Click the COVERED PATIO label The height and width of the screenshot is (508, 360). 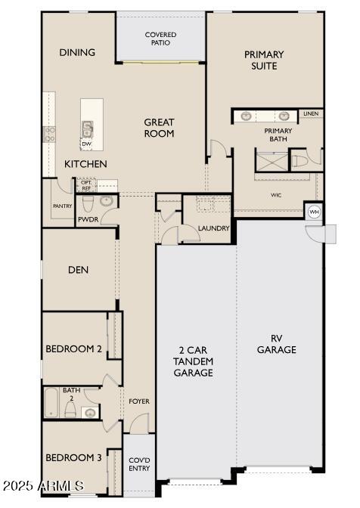tap(160, 39)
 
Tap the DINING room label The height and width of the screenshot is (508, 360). tap(77, 52)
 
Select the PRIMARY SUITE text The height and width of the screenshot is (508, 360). tap(264, 60)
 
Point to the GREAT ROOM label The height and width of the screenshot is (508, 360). tap(160, 128)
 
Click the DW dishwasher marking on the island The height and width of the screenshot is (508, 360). tap(87, 144)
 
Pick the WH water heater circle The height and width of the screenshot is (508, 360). tap(314, 212)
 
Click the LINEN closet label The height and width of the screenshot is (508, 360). tap(311, 114)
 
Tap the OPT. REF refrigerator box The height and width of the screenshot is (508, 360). tap(86, 185)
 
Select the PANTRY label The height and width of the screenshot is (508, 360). tap(62, 206)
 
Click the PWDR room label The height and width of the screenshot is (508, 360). tap(87, 220)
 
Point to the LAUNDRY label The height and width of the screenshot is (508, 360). tap(213, 228)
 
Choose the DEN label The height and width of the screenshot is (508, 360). tap(79, 270)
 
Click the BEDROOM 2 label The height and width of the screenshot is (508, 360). tap(73, 348)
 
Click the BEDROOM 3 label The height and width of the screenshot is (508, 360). tap(73, 457)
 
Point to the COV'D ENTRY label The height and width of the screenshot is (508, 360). tap(138, 464)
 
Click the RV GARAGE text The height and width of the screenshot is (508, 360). tap(276, 344)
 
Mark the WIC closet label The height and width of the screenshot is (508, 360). tap(275, 194)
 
